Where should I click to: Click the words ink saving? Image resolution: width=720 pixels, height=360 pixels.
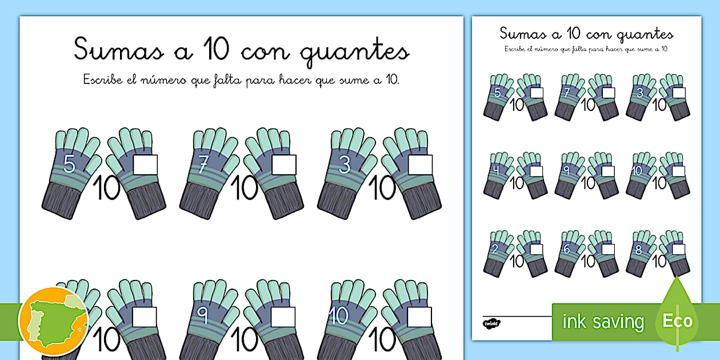603,322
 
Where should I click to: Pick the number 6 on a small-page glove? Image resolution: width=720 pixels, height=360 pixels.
567,249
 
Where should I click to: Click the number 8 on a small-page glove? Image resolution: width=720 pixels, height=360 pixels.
638,249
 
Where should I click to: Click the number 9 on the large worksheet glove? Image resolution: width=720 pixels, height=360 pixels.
202,313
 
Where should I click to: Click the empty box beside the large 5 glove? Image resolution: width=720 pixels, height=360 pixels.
145,165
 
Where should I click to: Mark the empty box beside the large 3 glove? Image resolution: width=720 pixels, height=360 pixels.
420,165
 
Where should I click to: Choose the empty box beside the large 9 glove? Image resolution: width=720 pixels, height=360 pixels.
283,317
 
